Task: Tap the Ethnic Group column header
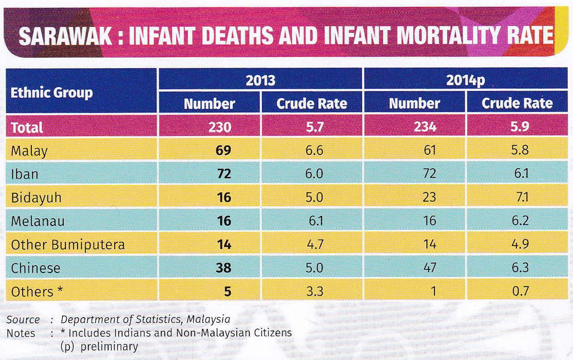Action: [52, 92]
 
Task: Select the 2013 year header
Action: [260, 80]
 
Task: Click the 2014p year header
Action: [466, 80]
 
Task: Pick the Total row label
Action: [27, 127]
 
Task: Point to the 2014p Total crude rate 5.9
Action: [517, 127]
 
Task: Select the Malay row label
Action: [30, 151]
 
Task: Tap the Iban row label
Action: [24, 174]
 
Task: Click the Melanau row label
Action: [37, 221]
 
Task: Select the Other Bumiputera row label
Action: [68, 245]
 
